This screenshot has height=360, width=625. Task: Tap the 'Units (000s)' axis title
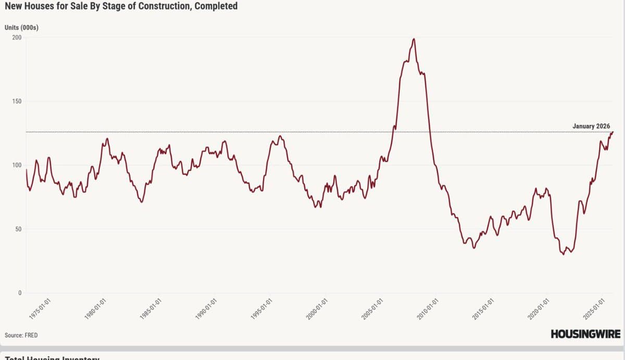click(x=21, y=27)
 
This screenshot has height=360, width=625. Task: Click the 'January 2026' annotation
click(x=591, y=126)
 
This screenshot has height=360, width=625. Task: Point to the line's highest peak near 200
click(x=414, y=39)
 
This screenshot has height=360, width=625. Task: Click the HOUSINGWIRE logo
click(x=585, y=334)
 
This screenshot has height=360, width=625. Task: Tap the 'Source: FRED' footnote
click(x=21, y=335)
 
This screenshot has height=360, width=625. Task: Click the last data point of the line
click(x=613, y=132)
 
